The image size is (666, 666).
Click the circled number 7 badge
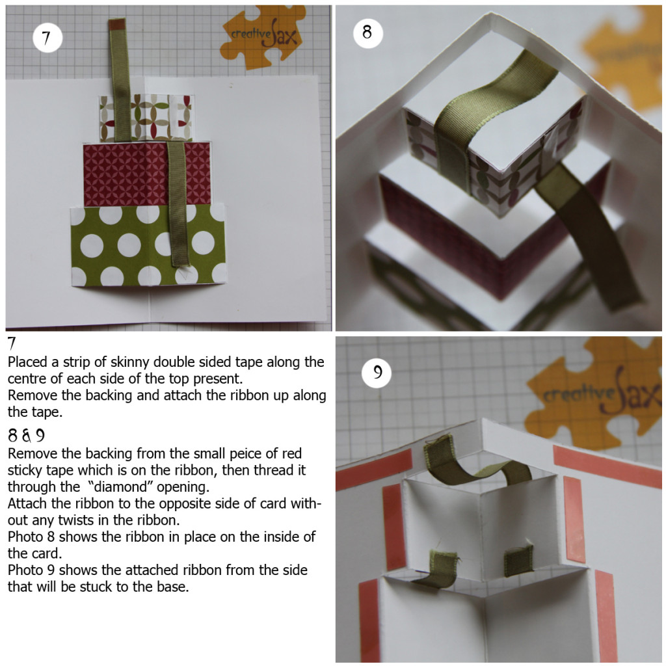[x=47, y=38]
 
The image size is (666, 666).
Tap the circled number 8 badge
[x=368, y=33]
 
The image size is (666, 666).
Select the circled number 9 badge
[x=377, y=373]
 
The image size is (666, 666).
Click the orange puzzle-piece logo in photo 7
[x=263, y=37]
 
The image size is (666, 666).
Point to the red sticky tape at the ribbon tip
[x=116, y=24]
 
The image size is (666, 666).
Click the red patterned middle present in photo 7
[x=147, y=174]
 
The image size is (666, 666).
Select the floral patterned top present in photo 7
[x=146, y=118]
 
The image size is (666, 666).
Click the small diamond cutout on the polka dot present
[x=183, y=274]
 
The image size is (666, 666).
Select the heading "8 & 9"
[x=26, y=435]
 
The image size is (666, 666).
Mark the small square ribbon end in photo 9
[x=518, y=560]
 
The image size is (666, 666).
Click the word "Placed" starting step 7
[x=27, y=362]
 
